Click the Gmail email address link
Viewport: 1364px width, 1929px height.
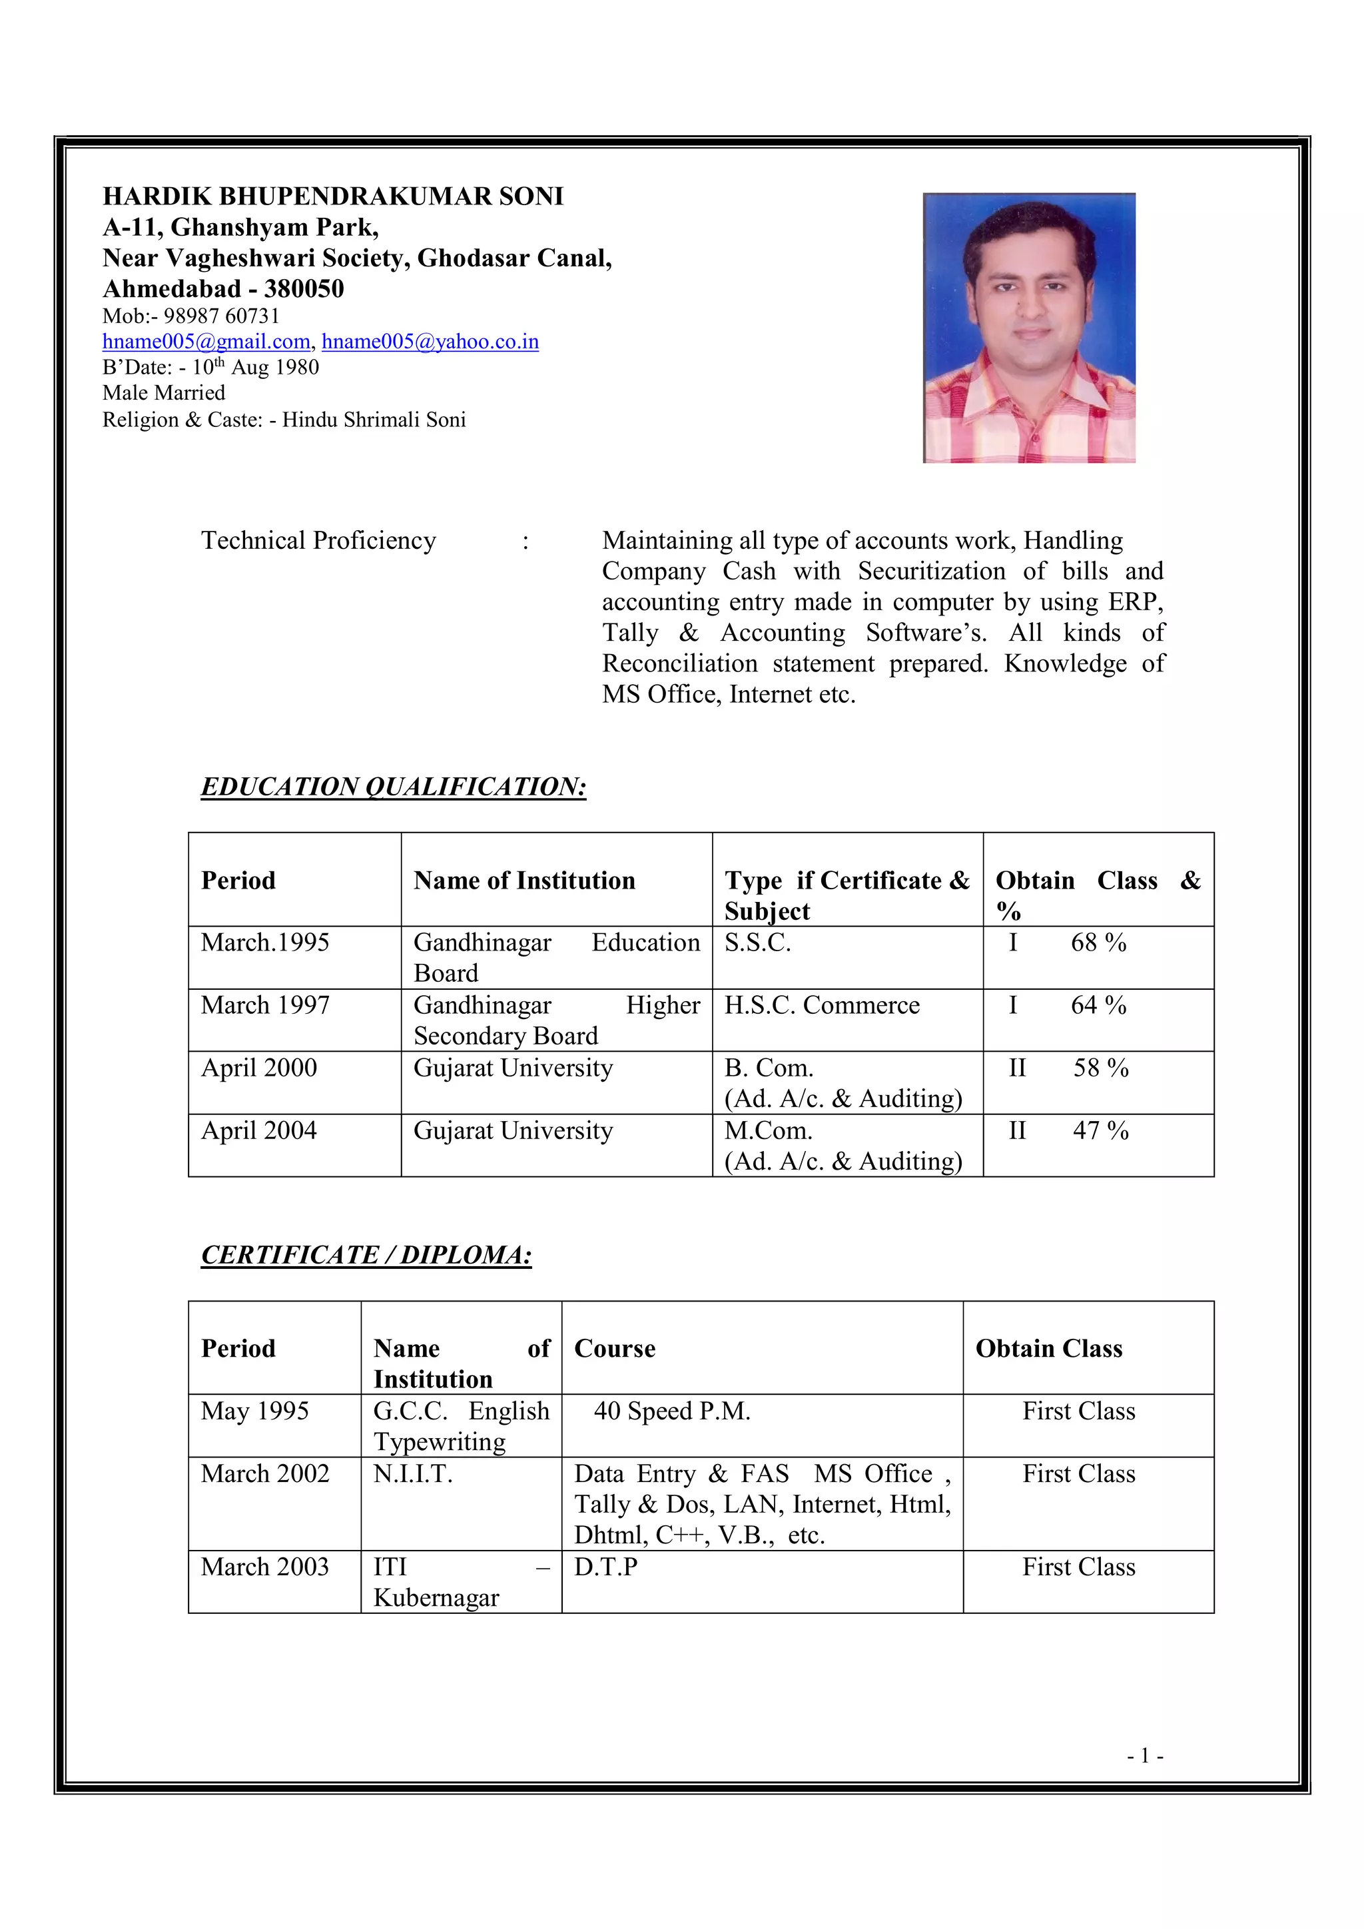206,342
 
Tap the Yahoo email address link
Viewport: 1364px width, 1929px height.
430,342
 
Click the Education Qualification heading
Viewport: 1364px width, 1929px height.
393,787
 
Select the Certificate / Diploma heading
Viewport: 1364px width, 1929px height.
366,1254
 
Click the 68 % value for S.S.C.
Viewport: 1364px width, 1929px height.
1098,943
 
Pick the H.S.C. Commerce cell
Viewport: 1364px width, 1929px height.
821,1005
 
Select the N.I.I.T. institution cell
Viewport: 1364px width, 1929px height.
412,1473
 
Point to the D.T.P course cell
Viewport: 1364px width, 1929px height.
605,1566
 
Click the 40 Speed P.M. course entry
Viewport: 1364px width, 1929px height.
671,1411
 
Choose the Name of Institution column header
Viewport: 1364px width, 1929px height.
524,881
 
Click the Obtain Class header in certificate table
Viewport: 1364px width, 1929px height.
1048,1348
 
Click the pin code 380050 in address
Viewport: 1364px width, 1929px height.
304,289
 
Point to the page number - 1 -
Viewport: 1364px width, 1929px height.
1145,1756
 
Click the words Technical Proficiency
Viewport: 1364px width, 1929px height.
318,540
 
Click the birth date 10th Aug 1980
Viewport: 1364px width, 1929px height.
255,367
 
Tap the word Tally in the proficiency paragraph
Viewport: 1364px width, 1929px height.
630,633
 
